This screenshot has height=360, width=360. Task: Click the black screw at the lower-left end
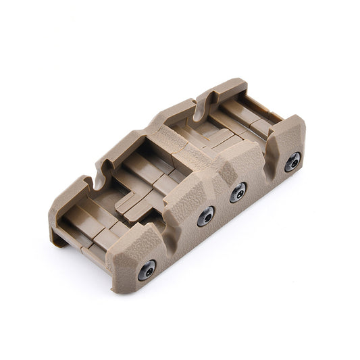pos(147,269)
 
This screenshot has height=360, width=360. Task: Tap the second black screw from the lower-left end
pos(205,217)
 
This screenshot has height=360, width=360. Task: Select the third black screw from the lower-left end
pos(237,192)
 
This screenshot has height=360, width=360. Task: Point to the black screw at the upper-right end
pos(292,161)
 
